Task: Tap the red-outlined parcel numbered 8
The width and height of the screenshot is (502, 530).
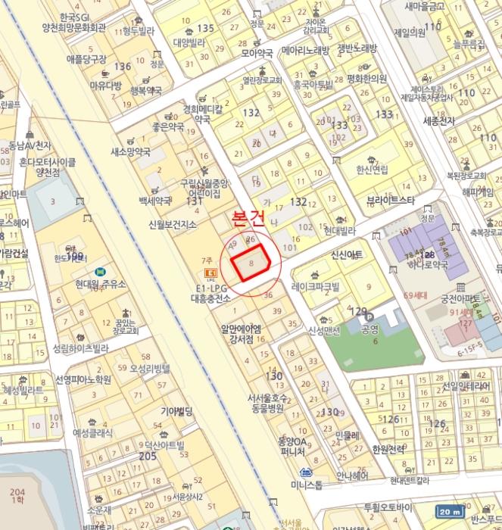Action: (x=252, y=263)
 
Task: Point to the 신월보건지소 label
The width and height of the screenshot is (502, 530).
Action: (x=173, y=226)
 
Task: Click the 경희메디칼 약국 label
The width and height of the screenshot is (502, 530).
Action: (x=203, y=114)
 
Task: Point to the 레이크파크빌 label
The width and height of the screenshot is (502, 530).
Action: (x=317, y=286)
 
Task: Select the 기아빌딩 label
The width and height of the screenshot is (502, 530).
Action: (x=176, y=411)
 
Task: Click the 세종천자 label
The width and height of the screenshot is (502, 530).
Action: (x=439, y=121)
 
